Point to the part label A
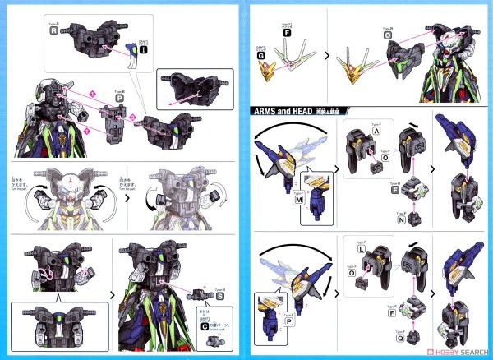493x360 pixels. click(x=376, y=129)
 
